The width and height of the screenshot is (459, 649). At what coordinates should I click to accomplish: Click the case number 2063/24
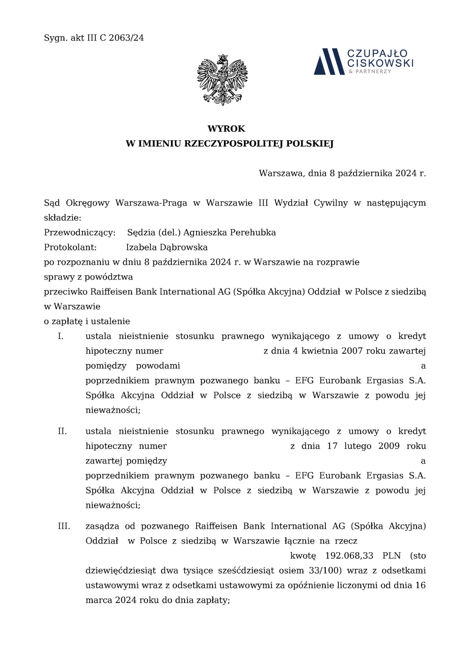coord(126,38)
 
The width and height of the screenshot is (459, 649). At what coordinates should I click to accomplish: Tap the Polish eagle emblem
coord(222,80)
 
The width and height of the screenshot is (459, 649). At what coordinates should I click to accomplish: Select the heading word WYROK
coord(226,129)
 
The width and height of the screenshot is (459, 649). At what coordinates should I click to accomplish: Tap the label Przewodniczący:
coord(80,233)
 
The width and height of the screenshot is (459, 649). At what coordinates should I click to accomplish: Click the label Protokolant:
coord(70,247)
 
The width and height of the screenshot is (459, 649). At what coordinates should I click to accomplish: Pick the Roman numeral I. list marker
coord(61,336)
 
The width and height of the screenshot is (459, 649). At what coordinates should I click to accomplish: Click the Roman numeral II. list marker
coord(62,431)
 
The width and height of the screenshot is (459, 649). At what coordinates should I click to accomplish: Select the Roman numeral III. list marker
coord(64,526)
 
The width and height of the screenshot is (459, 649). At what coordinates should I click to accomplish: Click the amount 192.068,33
coord(349,556)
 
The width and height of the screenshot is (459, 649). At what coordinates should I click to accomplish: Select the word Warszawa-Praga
coord(151,203)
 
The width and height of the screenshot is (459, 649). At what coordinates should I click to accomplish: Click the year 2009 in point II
coord(389,446)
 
